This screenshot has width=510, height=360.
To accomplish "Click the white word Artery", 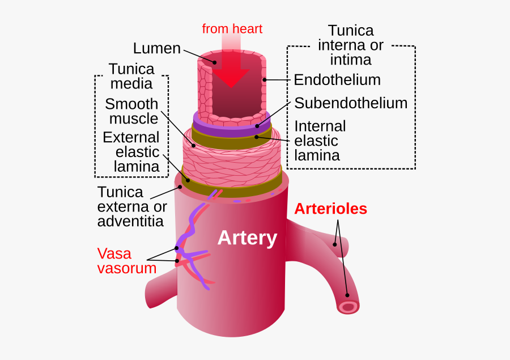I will click(247, 238).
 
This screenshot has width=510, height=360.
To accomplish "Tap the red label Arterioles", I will click(330, 209).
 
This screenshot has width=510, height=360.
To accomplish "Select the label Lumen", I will click(156, 48).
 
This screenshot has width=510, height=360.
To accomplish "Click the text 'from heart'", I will click(232, 28).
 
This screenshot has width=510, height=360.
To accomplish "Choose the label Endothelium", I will click(337, 80).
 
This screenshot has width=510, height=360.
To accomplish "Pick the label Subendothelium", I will click(351, 103).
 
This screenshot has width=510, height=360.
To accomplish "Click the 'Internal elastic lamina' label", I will click(320, 141).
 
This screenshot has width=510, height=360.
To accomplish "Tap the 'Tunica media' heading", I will click(131, 76).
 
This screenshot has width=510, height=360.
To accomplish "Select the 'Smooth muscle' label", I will click(131, 111).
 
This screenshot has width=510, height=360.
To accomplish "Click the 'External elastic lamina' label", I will click(131, 152).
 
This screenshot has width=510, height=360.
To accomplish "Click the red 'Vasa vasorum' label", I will click(126, 260).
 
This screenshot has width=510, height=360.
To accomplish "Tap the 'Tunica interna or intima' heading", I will click(351, 45).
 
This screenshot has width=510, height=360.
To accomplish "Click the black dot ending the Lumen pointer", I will click(215, 62).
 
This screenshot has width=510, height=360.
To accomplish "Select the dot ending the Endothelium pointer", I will click(265, 80).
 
